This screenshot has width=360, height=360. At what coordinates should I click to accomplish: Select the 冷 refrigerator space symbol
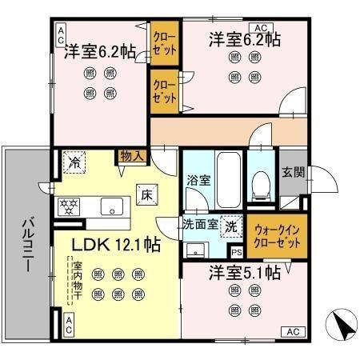[x=74, y=162]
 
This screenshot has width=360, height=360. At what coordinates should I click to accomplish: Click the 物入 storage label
[x=131, y=156]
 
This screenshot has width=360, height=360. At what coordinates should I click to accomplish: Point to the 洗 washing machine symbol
[x=231, y=227]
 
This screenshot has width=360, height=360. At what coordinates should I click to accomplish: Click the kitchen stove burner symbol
[x=69, y=205]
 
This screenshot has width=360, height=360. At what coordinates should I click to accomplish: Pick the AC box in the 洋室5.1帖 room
[x=292, y=331]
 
